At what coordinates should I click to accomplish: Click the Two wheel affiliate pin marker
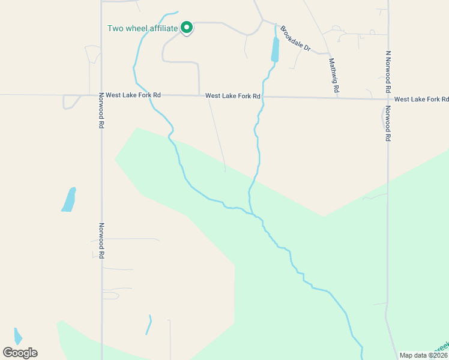(x=187, y=27)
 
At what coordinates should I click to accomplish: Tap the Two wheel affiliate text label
(x=142, y=28)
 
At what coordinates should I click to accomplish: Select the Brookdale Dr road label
(x=295, y=38)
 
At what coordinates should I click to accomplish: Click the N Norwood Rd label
(x=388, y=71)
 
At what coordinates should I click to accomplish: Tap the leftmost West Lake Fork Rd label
(x=133, y=95)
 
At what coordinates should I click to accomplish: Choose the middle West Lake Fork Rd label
(x=232, y=96)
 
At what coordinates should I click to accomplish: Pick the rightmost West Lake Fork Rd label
(x=421, y=99)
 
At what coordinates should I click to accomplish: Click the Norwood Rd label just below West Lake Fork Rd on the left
(x=101, y=114)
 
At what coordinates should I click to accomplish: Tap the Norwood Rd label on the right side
(x=388, y=124)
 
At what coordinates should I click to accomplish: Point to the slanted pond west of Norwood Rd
(x=69, y=200)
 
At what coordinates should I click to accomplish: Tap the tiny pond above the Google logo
(x=18, y=336)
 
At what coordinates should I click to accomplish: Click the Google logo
(x=20, y=353)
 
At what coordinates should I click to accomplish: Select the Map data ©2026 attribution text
(x=423, y=355)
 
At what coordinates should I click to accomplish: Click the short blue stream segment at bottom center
(x=148, y=325)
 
